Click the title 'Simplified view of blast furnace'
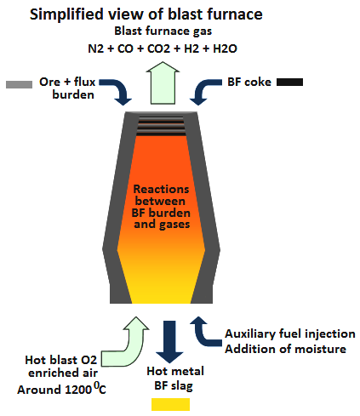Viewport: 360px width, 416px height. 146,14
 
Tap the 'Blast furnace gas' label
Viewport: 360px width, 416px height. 163,31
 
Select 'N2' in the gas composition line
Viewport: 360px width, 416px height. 95,48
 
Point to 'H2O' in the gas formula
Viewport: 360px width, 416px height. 225,48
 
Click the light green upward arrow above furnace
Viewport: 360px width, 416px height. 163,83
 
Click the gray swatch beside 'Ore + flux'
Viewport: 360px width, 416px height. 19,84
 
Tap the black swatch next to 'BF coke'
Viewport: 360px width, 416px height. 289,83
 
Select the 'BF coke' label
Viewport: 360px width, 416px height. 249,83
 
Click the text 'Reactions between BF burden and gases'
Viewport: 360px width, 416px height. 161,207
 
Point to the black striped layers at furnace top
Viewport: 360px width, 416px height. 161,126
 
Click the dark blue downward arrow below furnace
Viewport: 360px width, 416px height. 169,342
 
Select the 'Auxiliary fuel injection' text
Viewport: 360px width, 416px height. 290,334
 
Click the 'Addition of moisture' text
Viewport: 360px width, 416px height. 285,349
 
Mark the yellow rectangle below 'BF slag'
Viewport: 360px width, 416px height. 170,404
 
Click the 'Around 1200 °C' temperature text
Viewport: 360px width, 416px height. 61,389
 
